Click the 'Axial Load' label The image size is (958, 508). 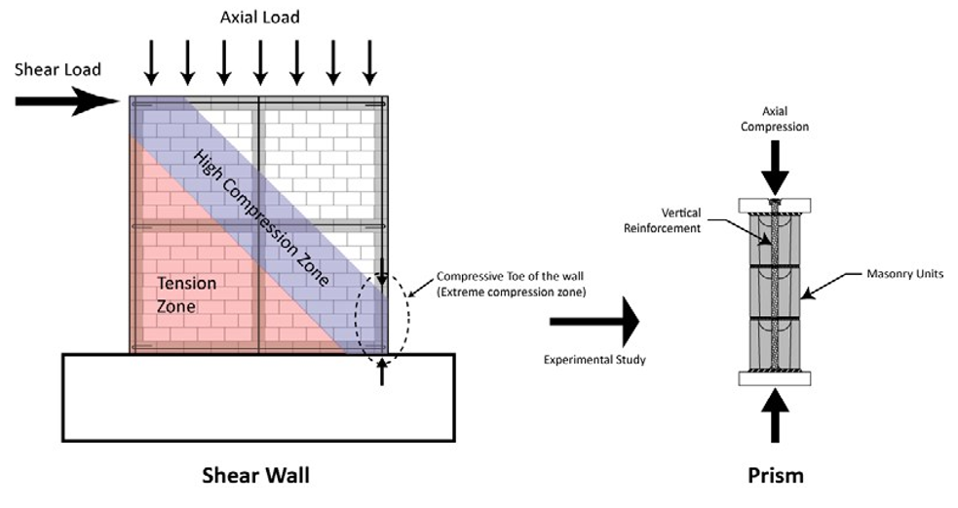[x=259, y=18]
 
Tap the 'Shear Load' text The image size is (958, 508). [x=57, y=69]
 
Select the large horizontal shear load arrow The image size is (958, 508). [x=67, y=100]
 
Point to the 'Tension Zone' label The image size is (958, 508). [x=187, y=294]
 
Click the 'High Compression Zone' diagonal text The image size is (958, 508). [x=261, y=217]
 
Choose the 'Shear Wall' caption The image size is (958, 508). [x=256, y=476]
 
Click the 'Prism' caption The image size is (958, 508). [x=776, y=476]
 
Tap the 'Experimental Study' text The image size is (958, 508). [x=594, y=360]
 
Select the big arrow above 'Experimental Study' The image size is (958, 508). [x=594, y=322]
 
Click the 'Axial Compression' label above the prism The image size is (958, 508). [x=775, y=119]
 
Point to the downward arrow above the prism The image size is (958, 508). [x=775, y=168]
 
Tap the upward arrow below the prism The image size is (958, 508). [x=775, y=415]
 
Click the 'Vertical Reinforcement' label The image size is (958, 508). [x=663, y=220]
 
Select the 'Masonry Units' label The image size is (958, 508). [x=904, y=274]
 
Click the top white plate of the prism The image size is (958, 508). [x=775, y=206]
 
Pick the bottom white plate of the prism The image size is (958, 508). [x=775, y=378]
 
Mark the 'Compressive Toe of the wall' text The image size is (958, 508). [x=510, y=276]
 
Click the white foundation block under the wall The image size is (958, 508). [x=258, y=398]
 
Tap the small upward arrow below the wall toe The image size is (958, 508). [x=382, y=372]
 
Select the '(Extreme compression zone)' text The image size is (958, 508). [x=512, y=293]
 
